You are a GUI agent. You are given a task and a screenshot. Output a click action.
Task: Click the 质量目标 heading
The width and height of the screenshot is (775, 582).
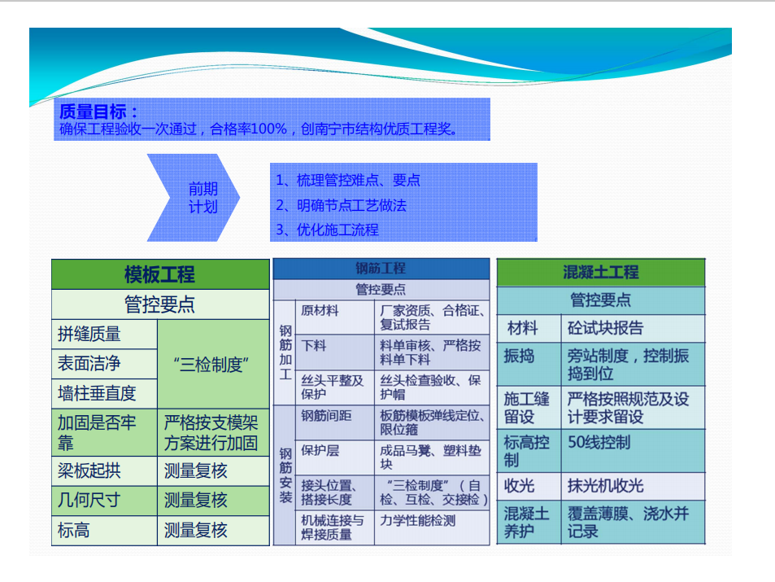coord(98,112)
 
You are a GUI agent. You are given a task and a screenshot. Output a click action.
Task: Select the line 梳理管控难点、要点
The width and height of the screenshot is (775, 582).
coord(347,180)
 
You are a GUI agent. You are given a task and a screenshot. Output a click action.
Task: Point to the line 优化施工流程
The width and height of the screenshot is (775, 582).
coord(327,230)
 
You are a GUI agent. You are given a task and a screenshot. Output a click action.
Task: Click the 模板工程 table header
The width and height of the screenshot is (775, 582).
coord(160,274)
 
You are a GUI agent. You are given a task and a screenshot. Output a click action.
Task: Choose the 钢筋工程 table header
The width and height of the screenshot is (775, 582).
coord(381,269)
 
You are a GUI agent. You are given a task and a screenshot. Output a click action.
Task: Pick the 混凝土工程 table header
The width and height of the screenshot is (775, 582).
coord(601,272)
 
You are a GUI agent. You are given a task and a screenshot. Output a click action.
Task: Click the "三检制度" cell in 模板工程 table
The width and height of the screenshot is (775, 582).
coord(213,364)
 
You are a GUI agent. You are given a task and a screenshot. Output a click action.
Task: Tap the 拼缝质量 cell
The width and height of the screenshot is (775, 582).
coord(104,335)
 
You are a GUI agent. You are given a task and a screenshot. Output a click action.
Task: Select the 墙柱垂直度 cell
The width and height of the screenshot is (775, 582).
coord(104,393)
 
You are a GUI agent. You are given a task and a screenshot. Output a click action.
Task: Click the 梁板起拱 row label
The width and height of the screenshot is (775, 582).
coord(104,470)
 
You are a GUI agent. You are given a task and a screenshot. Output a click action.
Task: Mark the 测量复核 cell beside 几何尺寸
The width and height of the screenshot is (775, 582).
coord(213,501)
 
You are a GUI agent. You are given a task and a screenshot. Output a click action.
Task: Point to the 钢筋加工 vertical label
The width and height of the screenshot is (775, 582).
coord(285,352)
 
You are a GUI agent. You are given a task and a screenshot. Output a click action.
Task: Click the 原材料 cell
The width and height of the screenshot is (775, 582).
coord(335,317)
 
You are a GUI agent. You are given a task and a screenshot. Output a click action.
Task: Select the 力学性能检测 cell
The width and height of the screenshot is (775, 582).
coord(432,527)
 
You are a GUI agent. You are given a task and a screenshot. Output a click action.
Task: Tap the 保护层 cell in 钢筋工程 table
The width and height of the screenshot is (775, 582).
coord(335,457)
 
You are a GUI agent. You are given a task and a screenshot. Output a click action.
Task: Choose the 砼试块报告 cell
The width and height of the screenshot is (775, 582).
coord(633,328)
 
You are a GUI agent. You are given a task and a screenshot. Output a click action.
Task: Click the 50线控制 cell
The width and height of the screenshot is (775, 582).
coord(633,451)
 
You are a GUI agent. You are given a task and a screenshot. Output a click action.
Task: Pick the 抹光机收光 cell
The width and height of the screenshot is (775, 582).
coord(633,486)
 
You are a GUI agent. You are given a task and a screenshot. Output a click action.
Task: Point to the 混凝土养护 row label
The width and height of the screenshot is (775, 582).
coord(529,522)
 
